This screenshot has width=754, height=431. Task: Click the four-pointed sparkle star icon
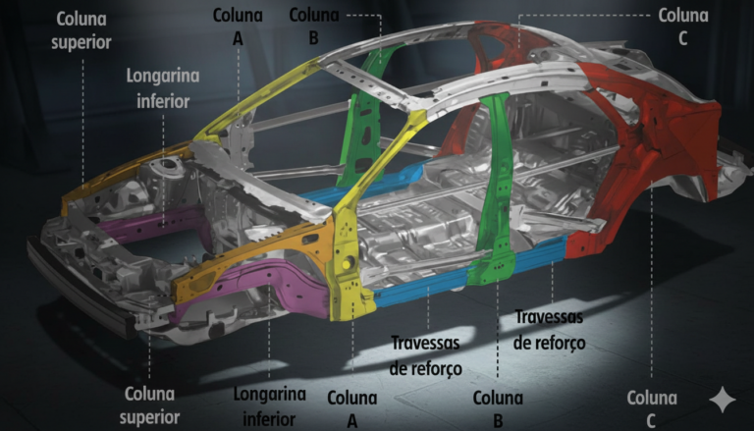click(x=723, y=400)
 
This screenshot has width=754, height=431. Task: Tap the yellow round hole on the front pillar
click(x=345, y=264)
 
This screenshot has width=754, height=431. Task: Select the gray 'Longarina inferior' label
click(x=163, y=88)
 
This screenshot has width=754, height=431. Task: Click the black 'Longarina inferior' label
click(x=269, y=406)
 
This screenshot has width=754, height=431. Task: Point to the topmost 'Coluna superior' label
click(x=81, y=30)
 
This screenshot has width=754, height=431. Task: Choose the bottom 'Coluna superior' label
click(x=149, y=405)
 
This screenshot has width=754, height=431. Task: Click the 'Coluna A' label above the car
click(x=238, y=26)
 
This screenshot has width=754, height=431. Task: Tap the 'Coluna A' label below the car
click(x=352, y=408)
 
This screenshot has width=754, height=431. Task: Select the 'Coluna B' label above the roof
click(x=313, y=26)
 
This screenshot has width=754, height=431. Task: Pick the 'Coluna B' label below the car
click(x=498, y=408)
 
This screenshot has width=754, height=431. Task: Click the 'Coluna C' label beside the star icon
click(x=652, y=408)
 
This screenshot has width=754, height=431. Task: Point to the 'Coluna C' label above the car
click(x=683, y=26)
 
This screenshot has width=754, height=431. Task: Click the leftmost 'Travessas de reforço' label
click(x=425, y=355)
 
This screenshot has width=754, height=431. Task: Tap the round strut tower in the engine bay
click(x=166, y=166)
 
